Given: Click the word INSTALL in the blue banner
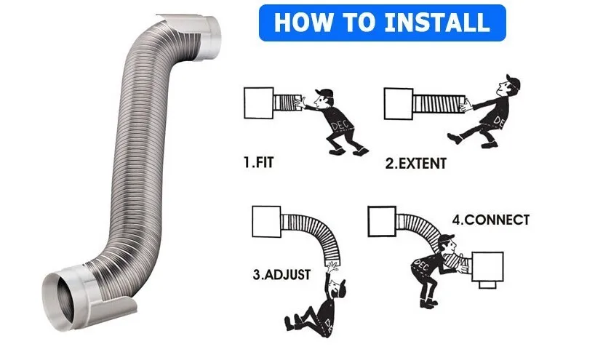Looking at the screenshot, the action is [436, 23].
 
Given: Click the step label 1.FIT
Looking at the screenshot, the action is [258, 162].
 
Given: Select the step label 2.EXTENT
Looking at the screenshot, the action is [416, 164].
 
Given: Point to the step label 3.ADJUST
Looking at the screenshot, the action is [281, 274].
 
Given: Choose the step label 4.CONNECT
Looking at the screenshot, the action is [491, 220].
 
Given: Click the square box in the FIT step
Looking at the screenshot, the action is [258, 103].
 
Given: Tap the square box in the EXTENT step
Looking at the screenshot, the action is [399, 104].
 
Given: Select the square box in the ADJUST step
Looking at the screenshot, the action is [266, 222].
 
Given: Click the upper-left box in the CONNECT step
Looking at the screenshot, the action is [382, 222].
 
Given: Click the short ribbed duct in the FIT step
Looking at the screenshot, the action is [287, 103].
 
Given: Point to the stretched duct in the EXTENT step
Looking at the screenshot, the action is [439, 104].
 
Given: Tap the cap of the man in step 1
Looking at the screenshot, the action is [324, 92].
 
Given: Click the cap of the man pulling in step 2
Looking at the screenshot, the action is [513, 81].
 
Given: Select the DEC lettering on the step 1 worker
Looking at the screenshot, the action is [340, 125].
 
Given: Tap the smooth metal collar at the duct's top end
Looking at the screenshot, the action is [209, 38].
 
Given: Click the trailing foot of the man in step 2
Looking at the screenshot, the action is [455, 138].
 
